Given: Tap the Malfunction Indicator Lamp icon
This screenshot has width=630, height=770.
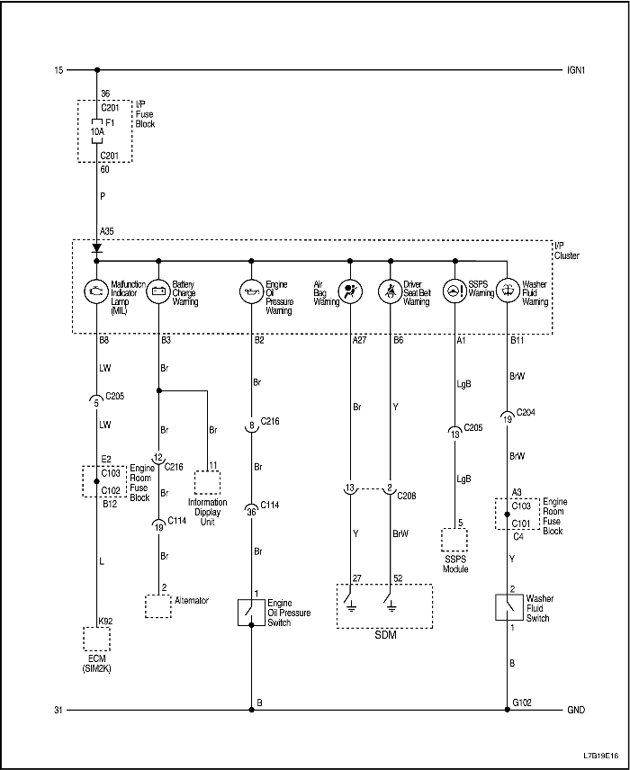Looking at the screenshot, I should (95, 291).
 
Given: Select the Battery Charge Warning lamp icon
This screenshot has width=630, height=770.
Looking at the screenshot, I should (158, 291).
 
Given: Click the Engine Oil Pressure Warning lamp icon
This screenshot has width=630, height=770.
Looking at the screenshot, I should (251, 291).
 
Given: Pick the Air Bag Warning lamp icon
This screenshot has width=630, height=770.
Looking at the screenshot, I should (349, 291).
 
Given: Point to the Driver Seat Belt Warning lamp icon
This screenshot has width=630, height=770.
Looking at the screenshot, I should (391, 291).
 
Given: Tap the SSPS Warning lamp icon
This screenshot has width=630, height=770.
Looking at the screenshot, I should (454, 291).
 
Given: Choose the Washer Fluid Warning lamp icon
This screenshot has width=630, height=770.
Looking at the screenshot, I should (508, 291).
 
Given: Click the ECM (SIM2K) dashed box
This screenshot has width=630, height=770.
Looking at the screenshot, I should (95, 639).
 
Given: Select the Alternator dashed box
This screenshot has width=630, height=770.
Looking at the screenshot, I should (158, 605).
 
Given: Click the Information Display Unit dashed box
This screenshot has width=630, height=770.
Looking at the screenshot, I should (207, 482).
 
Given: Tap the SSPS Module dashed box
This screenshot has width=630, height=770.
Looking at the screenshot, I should (454, 540).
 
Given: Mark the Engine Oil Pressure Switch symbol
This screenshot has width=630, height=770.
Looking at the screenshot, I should (251, 613).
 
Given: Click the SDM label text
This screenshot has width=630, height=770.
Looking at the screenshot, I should (384, 634).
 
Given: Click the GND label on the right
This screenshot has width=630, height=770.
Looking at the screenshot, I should (575, 710).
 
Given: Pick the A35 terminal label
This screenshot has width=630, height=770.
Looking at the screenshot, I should (106, 231).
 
